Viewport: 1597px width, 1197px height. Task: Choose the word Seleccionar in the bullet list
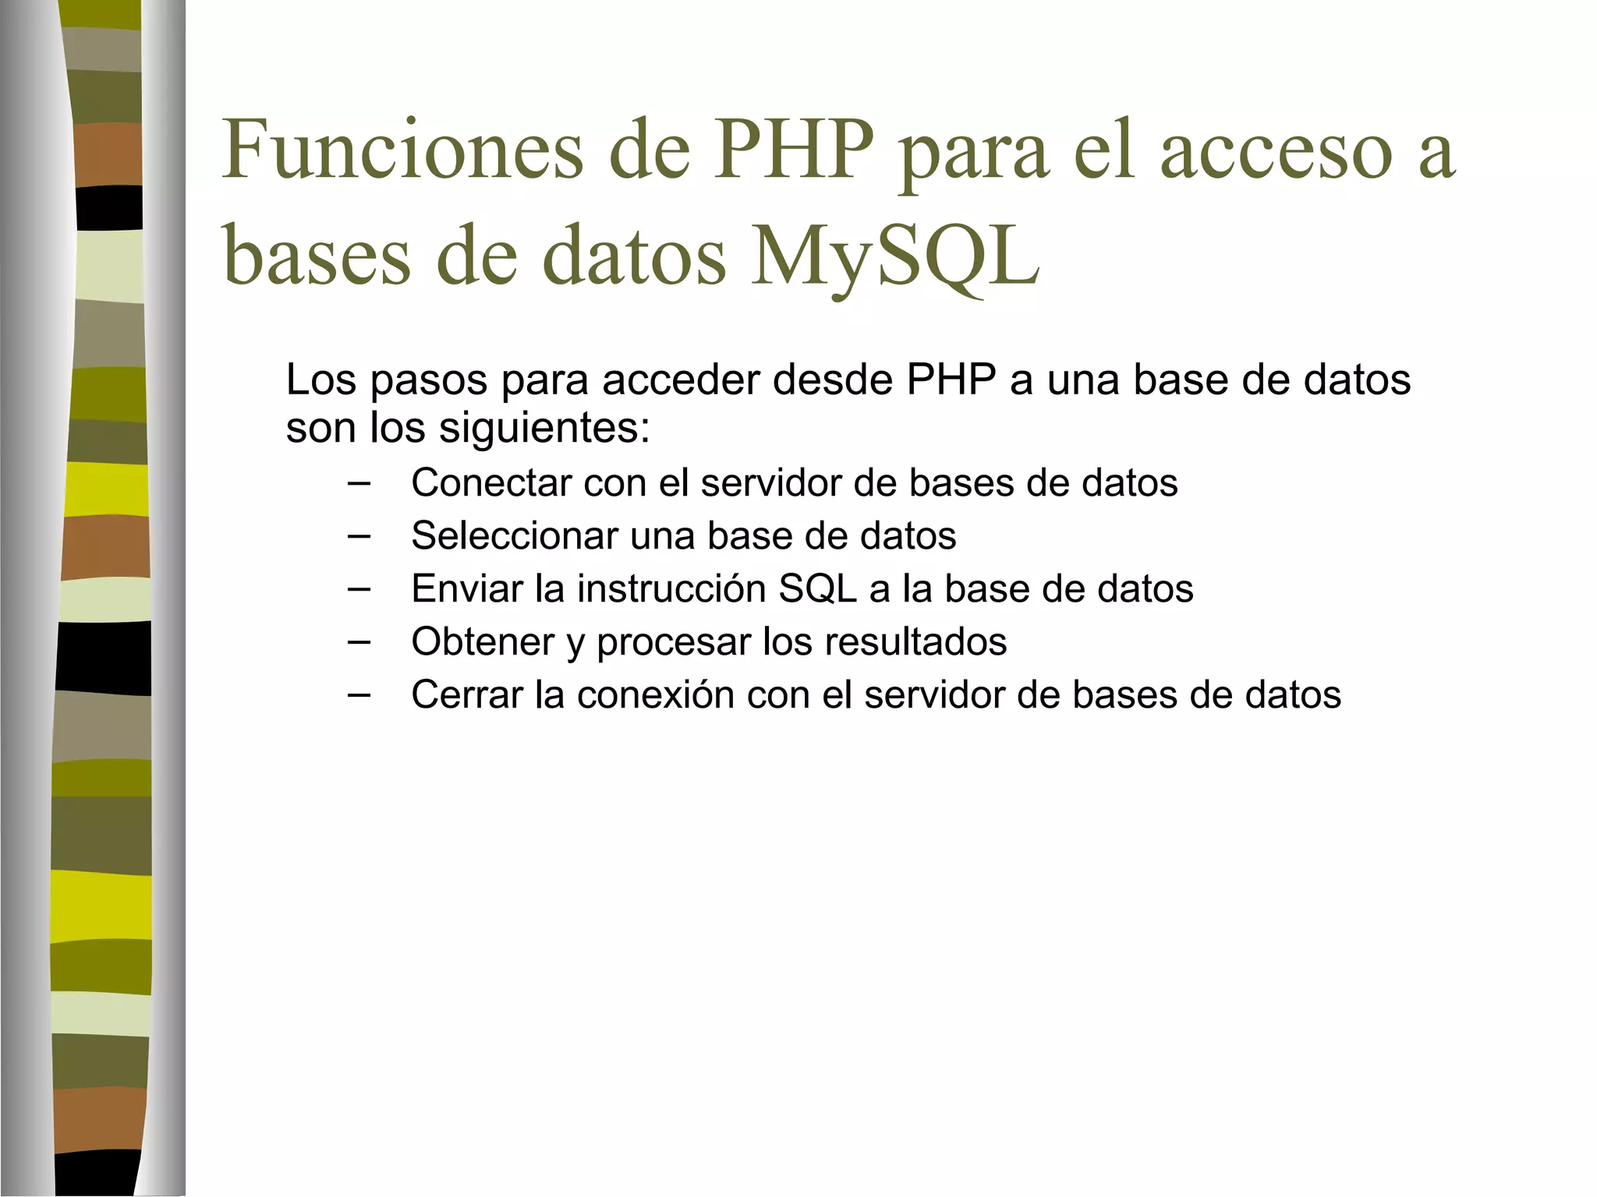514,535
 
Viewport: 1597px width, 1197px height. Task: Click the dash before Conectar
359,483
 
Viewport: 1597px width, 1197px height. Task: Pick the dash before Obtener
359,642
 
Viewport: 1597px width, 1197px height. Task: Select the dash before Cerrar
359,695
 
